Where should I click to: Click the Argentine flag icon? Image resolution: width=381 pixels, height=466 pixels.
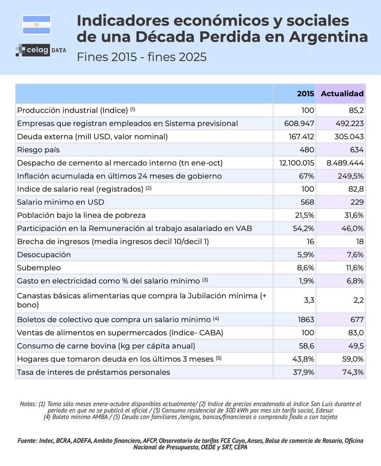37,24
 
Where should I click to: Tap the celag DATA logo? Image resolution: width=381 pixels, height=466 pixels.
41,50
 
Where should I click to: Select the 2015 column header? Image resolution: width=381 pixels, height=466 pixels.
306,94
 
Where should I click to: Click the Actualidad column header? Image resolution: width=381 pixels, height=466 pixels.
342,94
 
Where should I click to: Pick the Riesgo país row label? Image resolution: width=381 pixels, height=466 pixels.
38,150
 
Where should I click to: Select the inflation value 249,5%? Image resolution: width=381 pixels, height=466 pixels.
348,176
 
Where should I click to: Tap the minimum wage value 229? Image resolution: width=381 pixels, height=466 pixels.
357,202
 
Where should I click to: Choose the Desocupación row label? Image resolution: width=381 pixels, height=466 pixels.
44,255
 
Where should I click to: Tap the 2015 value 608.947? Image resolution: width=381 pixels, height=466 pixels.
299,123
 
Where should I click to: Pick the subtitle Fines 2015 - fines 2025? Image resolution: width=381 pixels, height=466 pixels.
141,57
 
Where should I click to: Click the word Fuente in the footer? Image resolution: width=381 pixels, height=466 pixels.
28,441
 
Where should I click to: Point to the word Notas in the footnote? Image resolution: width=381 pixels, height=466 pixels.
29,404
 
